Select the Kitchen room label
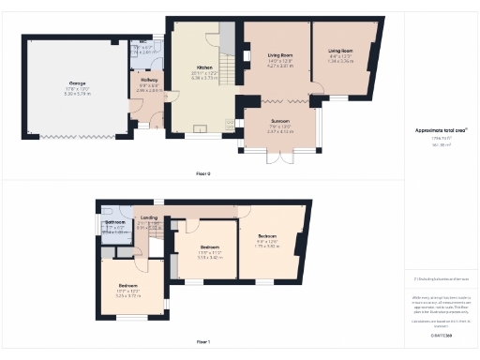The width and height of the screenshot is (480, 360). (205, 68)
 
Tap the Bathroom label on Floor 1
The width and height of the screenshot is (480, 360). (115, 222)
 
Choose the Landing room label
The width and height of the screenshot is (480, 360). (148, 217)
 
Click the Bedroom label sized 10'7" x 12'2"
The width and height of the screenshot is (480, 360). (128, 285)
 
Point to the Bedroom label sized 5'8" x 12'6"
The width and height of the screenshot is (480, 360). (267, 235)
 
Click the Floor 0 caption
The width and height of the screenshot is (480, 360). (203, 174)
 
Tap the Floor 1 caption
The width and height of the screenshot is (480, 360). (203, 342)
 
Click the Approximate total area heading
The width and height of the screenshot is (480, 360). (441, 130)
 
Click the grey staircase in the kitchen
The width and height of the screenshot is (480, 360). (226, 37)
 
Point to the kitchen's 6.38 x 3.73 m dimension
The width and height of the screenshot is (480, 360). (205, 78)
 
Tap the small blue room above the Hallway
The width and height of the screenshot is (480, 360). (142, 51)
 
